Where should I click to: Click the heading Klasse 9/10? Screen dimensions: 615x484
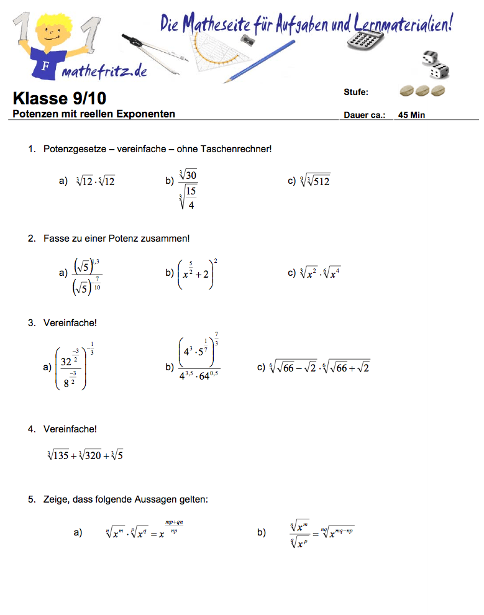pos(60,98)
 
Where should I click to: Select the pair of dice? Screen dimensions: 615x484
pos(434,65)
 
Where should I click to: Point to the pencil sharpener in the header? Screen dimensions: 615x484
pos(249,40)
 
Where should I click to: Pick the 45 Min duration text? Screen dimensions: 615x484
pos(412,115)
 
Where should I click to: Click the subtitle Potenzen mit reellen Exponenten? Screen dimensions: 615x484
pos(94,114)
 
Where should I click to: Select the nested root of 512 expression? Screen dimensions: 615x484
pos(315,181)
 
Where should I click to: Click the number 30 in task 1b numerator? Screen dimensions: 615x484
pos(189,177)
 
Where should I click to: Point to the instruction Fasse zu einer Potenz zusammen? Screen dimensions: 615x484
pos(117,238)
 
